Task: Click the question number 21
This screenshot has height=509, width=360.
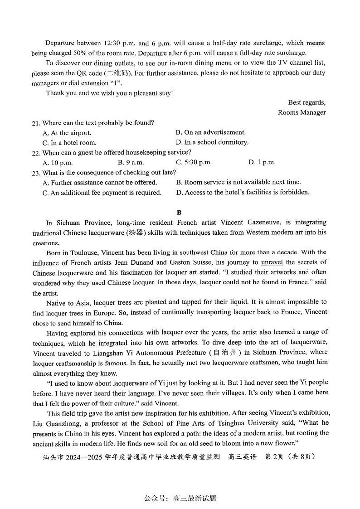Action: [x=36, y=123]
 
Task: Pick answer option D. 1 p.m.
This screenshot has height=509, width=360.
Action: [x=262, y=162]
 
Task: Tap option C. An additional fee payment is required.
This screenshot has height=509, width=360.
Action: [x=102, y=193]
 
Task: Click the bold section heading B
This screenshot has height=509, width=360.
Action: [x=179, y=212]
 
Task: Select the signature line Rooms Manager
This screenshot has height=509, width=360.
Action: [x=302, y=112]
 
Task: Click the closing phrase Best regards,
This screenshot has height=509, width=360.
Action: [x=306, y=102]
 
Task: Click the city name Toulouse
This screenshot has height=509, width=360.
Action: [x=85, y=252]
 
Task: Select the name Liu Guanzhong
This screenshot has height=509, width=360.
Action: [x=56, y=423]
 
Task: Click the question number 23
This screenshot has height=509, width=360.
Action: [x=36, y=173]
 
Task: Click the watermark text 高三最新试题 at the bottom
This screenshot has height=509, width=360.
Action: [x=195, y=498]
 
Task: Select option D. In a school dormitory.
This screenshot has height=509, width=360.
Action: [x=212, y=142]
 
